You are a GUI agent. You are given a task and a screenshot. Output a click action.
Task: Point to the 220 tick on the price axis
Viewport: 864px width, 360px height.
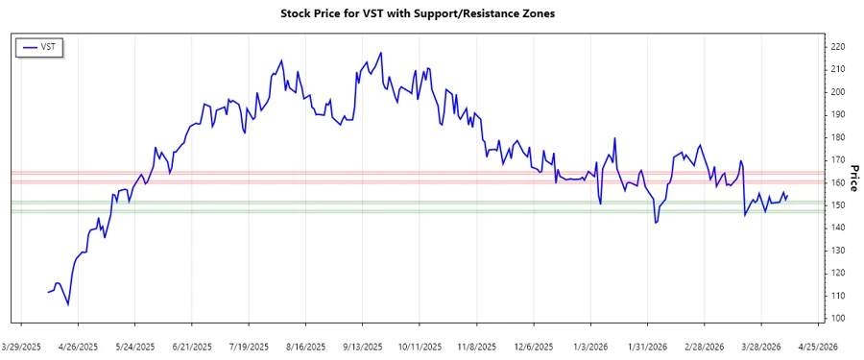coord(837,46)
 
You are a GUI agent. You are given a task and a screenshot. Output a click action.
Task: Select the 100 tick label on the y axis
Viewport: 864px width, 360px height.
coord(837,319)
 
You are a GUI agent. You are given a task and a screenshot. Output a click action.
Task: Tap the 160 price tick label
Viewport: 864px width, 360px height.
coord(837,182)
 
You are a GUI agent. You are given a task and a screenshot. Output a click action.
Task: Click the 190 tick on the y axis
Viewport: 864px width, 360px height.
coord(837,114)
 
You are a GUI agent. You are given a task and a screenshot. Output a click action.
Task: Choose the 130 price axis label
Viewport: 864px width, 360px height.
coord(837,251)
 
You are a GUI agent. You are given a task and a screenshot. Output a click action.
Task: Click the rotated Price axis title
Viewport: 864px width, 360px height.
coord(855,178)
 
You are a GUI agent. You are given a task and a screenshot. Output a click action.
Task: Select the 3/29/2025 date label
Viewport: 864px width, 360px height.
coord(22,346)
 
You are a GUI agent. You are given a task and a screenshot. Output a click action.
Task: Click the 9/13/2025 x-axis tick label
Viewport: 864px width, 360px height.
coord(363,346)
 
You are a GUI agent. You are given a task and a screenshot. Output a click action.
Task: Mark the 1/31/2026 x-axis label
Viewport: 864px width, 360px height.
coord(648,346)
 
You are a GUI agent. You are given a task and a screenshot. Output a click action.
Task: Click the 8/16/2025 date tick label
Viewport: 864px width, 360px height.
coord(306,346)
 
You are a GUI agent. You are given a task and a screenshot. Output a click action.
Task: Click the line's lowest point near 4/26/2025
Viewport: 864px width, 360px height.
coord(67,304)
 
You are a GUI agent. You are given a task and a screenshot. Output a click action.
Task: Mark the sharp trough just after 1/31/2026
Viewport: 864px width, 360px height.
coord(656,223)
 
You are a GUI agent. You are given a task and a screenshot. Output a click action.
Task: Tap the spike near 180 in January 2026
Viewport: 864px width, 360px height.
coord(613,138)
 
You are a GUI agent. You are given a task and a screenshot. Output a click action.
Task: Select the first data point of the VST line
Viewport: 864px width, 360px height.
coord(47,292)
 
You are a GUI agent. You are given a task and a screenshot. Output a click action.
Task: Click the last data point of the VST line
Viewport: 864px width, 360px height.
coord(788,195)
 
